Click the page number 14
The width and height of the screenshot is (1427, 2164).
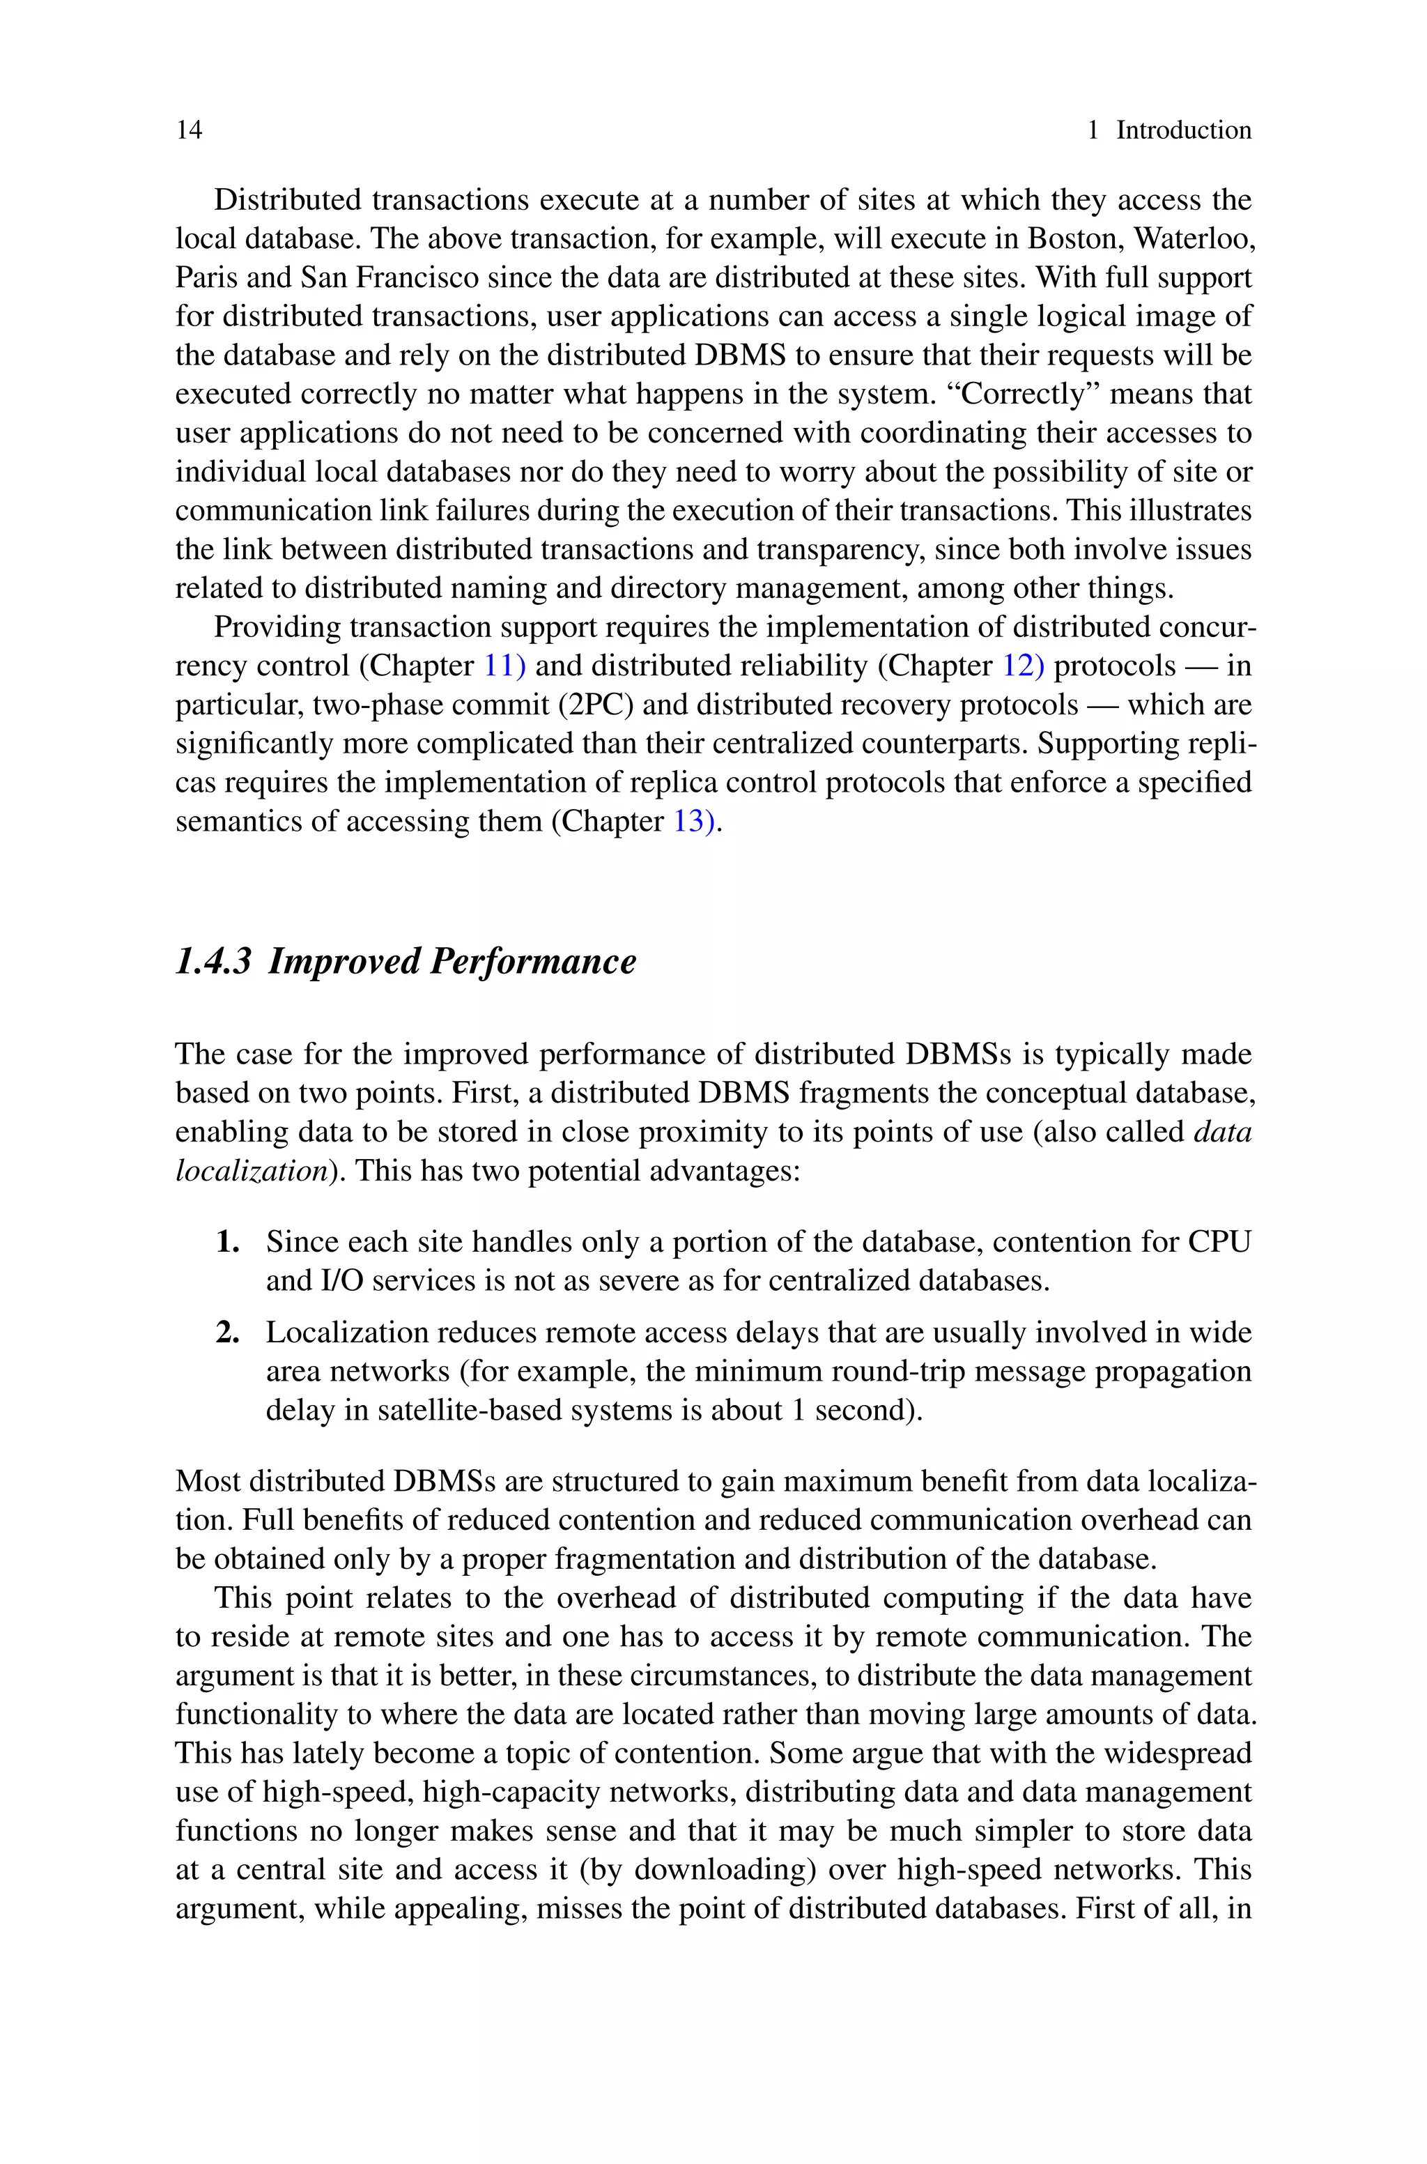190,130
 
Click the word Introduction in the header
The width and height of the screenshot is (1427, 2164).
1183,130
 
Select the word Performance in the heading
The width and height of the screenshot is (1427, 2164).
532,961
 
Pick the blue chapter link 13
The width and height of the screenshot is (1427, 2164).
689,822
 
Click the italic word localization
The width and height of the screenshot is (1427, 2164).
250,1170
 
